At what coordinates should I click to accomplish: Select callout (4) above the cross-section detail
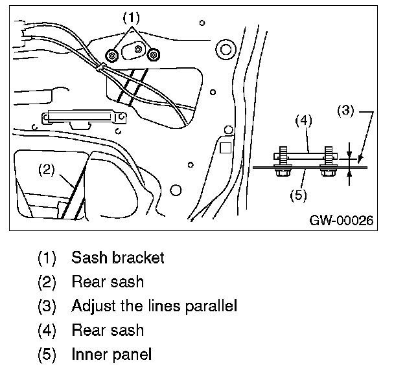[x=304, y=120]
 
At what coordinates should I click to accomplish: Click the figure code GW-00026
[x=342, y=220]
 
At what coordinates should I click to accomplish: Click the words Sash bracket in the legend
[x=118, y=258]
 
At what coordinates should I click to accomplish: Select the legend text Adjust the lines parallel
[x=154, y=305]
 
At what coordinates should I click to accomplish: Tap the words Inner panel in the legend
[x=111, y=354]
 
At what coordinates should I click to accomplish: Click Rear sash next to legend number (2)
[x=108, y=282]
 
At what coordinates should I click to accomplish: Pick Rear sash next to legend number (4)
[x=108, y=330]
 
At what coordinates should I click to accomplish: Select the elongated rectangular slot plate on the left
[x=84, y=118]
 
